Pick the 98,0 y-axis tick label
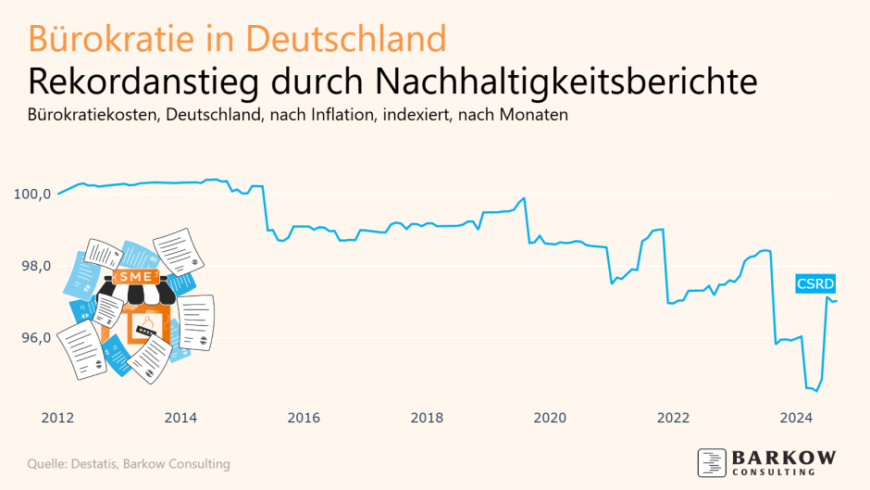[x=34, y=267]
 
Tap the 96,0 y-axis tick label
[x=34, y=338]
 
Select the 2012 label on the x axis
[x=57, y=418]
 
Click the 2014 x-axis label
[x=180, y=418]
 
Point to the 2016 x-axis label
[x=304, y=418]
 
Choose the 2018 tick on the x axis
[x=427, y=418]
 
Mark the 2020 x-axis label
[x=550, y=418]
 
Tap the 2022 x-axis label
[x=673, y=418]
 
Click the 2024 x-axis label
[x=796, y=418]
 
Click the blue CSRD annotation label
[x=815, y=284]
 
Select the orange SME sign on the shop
[x=130, y=276]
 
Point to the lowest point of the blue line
[x=815, y=391]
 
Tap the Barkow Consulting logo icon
[x=712, y=461]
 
